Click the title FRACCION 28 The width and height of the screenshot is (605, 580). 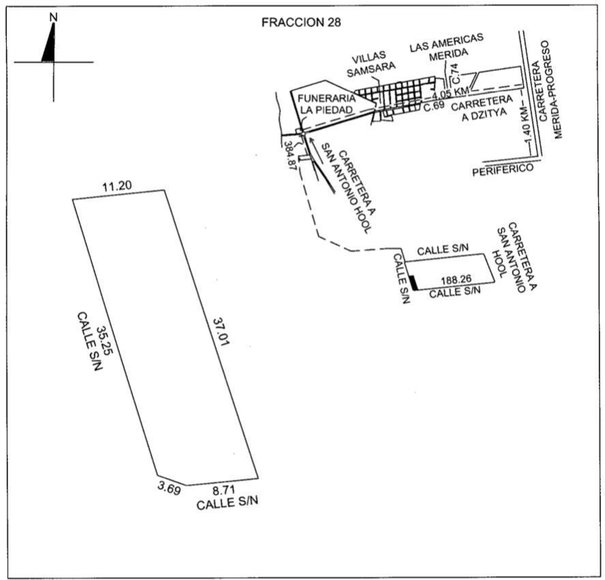click(301, 23)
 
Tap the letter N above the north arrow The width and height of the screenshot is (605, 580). click(54, 17)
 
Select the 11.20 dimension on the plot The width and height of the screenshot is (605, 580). click(117, 186)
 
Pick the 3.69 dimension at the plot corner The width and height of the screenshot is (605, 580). click(169, 489)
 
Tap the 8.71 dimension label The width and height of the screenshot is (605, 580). click(224, 491)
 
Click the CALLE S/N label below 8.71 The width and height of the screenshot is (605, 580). click(227, 503)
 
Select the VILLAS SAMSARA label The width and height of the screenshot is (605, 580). click(370, 64)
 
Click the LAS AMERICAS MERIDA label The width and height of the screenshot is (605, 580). click(447, 46)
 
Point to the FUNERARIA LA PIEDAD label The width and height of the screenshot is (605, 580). click(327, 104)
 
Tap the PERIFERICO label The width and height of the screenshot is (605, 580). click(503, 169)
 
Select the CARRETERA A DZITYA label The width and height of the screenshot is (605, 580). click(483, 108)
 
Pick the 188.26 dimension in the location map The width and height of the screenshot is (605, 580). click(456, 279)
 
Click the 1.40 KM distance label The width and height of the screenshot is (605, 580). click(528, 124)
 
